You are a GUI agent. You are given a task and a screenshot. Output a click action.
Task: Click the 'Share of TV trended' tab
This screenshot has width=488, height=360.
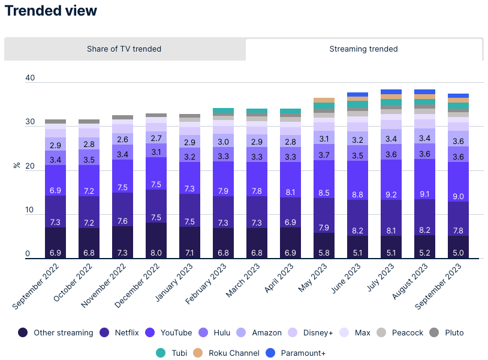pos(124,49)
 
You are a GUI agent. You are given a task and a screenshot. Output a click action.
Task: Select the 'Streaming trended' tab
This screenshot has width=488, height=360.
pos(363,49)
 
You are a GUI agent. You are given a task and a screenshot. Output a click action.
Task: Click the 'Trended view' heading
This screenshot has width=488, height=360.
pos(51,11)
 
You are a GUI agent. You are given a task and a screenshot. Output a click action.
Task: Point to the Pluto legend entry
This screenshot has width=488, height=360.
pos(447,332)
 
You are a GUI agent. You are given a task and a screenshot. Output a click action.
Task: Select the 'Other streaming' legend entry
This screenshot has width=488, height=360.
pos(56,332)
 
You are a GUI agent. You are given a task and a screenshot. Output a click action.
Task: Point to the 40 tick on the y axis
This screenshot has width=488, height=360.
pos(31,78)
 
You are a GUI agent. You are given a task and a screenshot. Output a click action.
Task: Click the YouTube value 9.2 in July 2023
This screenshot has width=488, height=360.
pos(391,195)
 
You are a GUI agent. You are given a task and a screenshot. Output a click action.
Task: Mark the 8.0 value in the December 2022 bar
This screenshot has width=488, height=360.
pos(156,253)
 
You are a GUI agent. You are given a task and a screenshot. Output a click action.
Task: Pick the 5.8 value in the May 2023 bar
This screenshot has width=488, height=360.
pos(324,253)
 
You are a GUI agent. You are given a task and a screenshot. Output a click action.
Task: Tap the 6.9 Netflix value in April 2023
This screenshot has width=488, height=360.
pos(291,223)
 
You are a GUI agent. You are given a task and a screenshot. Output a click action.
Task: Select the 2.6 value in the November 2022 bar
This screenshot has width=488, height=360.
pos(122,139)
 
